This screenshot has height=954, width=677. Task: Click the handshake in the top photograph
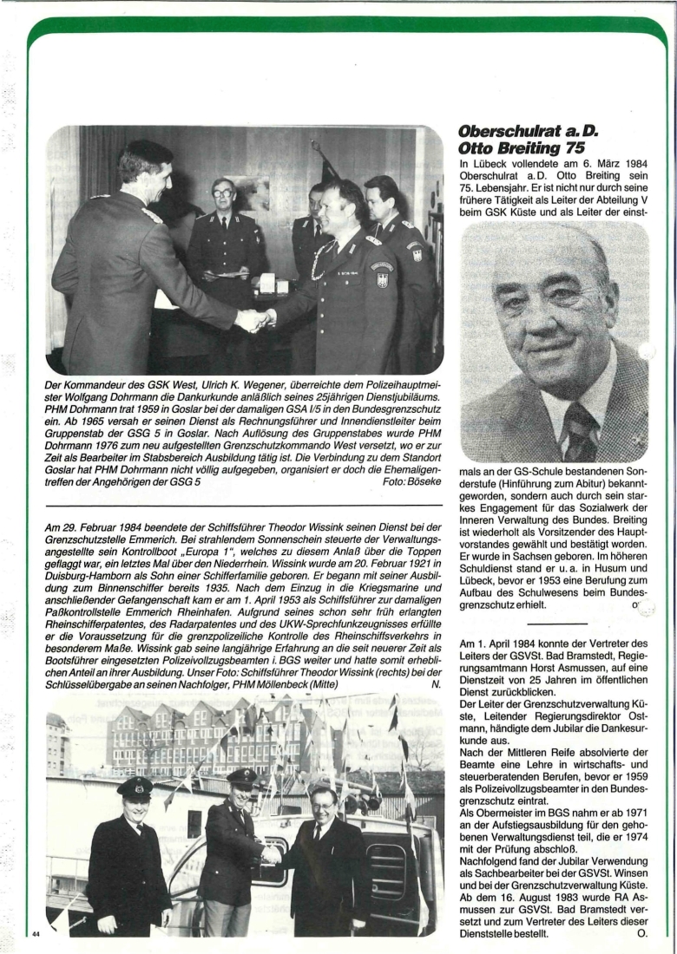click(x=254, y=320)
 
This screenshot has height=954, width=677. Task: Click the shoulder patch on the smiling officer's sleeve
click(x=382, y=275)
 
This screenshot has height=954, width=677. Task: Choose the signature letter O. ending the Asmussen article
click(x=641, y=933)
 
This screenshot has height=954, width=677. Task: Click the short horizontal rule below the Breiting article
click(x=551, y=623)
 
